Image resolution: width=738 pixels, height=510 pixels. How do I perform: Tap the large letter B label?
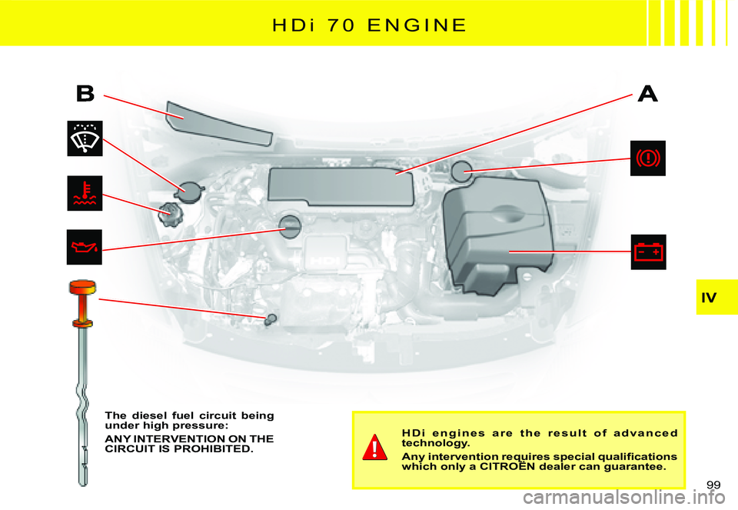tap(85, 94)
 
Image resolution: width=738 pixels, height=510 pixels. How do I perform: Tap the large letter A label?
tap(648, 94)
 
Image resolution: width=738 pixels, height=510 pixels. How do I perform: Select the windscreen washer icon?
tap(85, 138)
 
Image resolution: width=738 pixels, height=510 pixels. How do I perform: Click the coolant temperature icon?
tap(85, 194)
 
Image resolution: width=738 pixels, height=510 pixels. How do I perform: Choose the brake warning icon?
tap(648, 158)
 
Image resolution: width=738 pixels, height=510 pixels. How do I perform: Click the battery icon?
tap(648, 252)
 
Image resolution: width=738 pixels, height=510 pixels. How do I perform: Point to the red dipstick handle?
tap(81, 289)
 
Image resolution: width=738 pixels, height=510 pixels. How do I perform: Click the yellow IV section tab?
tap(717, 296)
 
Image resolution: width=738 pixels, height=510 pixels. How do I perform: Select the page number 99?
tap(714, 483)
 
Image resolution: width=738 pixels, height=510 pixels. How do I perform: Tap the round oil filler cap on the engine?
tap(290, 225)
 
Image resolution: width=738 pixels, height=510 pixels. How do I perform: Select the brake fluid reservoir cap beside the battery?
tap(463, 171)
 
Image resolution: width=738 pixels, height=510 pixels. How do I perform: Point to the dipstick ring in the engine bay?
tap(270, 318)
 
